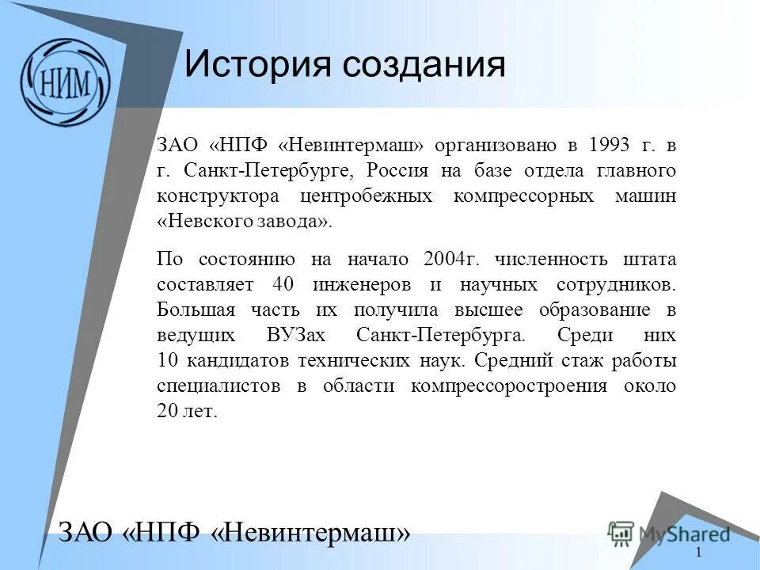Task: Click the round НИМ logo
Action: click(x=65, y=82)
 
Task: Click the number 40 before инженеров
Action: click(x=283, y=284)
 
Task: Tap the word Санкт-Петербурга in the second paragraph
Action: click(x=440, y=335)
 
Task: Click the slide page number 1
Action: click(x=699, y=553)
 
